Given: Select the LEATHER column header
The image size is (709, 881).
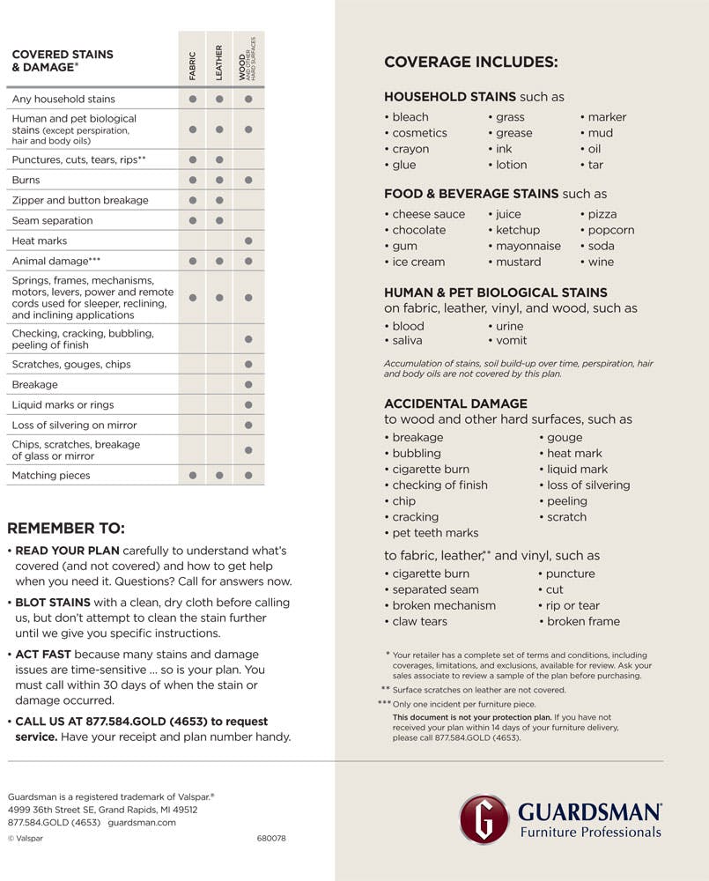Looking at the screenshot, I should pyautogui.click(x=219, y=62).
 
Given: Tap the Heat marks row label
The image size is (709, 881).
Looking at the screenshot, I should pyautogui.click(x=40, y=241).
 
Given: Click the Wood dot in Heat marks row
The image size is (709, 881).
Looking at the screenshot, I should pyautogui.click(x=248, y=241).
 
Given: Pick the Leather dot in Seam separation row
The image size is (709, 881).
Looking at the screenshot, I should pyautogui.click(x=219, y=220).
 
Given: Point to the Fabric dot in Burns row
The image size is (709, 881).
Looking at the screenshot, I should pyautogui.click(x=192, y=180).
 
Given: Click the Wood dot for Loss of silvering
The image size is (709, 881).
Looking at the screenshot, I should pyautogui.click(x=248, y=425).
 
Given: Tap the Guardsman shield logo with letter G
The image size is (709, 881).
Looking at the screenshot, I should pyautogui.click(x=484, y=819).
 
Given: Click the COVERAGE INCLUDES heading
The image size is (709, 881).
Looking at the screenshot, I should pyautogui.click(x=470, y=63).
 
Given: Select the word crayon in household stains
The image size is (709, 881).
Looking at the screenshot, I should pyautogui.click(x=410, y=149).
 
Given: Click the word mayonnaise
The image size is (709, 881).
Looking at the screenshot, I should pyautogui.click(x=528, y=246).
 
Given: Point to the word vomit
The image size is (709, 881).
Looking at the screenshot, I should pyautogui.click(x=511, y=340).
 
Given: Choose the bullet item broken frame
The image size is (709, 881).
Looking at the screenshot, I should pyautogui.click(x=583, y=621).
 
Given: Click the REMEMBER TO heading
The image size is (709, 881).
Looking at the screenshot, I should pyautogui.click(x=66, y=529).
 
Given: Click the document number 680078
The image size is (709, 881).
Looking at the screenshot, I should pyautogui.click(x=271, y=838).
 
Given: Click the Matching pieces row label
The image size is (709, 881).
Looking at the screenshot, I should pyautogui.click(x=51, y=476).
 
